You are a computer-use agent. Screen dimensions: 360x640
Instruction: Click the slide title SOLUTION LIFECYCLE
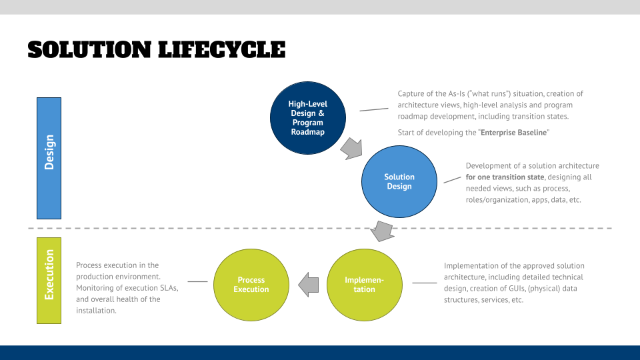pyautogui.click(x=157, y=49)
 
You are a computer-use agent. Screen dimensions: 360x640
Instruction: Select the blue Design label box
pyautogui.click(x=49, y=158)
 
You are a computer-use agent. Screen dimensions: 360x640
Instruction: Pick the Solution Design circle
pyautogui.click(x=399, y=181)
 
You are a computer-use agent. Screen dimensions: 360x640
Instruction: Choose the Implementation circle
pyautogui.click(x=364, y=285)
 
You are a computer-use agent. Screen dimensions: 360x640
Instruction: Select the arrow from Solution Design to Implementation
pyautogui.click(x=382, y=230)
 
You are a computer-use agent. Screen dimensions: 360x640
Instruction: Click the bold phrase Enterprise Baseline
pyautogui.click(x=513, y=133)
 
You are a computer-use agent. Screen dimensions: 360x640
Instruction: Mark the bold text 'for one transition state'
pyautogui.click(x=505, y=177)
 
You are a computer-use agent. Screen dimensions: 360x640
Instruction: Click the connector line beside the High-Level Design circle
pyautogui.click(x=373, y=109)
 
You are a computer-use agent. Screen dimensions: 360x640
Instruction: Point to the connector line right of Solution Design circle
pyautogui.click(x=452, y=179)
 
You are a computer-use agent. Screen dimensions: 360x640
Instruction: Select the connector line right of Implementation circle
pyautogui.click(x=424, y=283)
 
